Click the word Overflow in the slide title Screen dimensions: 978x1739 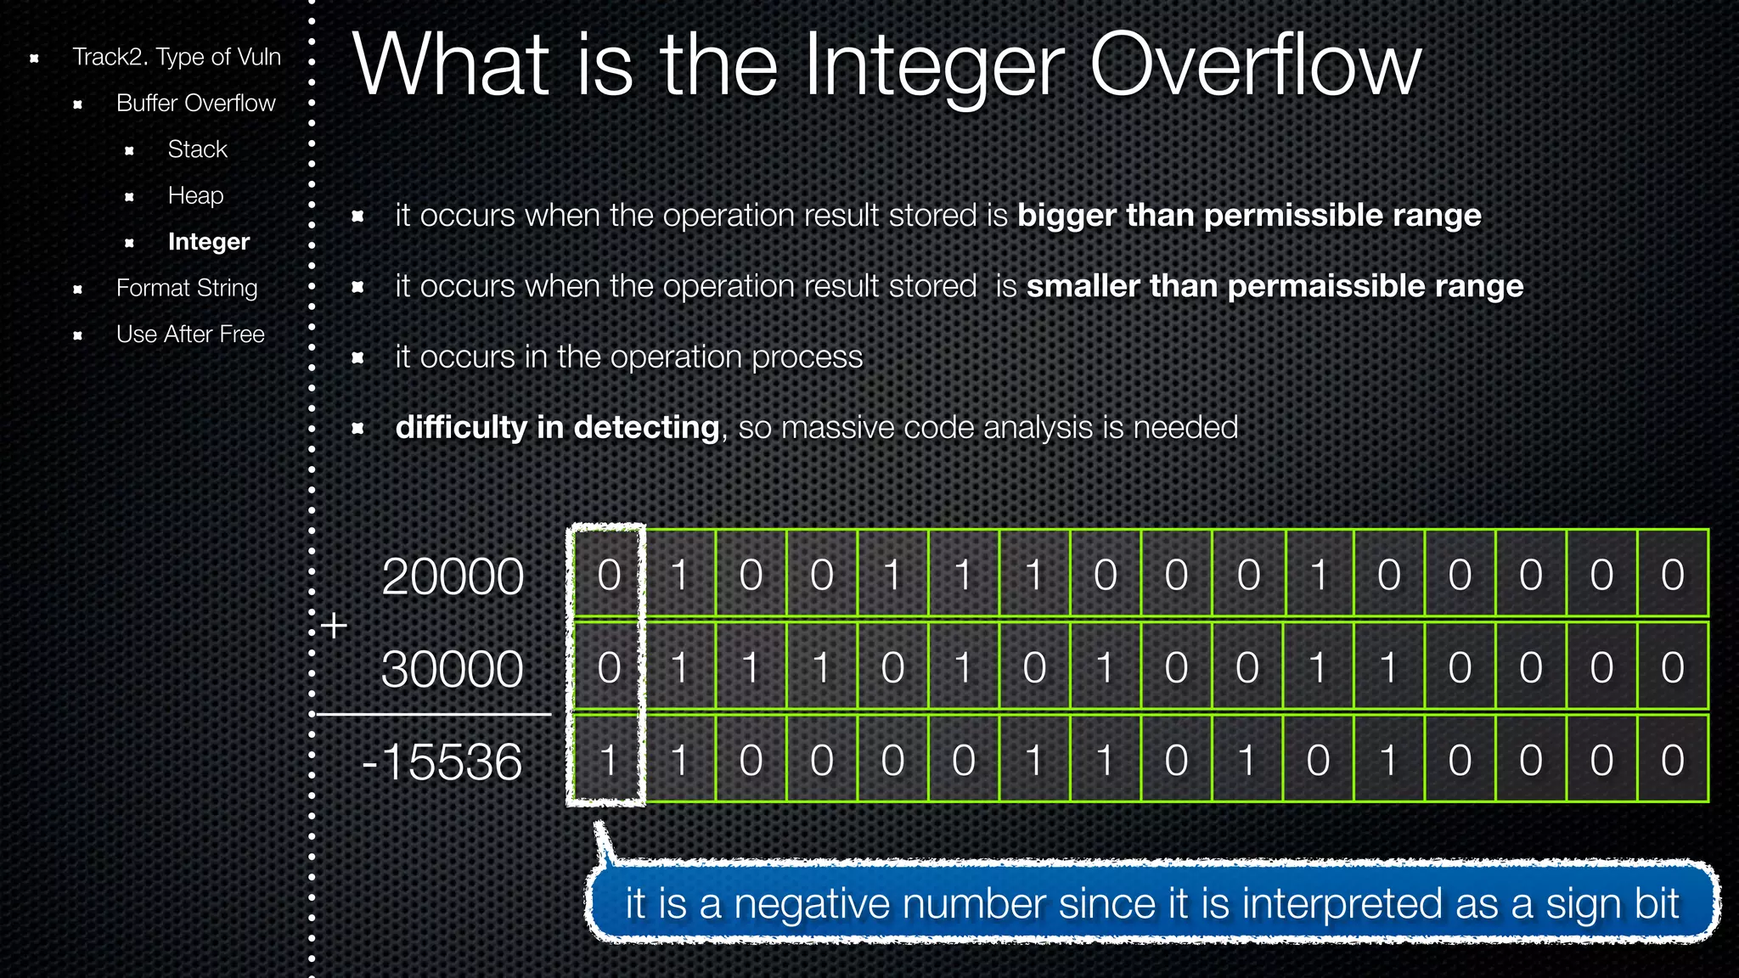[x=1254, y=66]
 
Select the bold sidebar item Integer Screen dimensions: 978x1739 [x=208, y=242]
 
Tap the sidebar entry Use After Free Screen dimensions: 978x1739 [x=190, y=334]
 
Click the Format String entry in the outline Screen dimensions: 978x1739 [x=187, y=289]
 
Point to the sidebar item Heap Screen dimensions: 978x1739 [x=195, y=196]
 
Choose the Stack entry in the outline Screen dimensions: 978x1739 [x=197, y=149]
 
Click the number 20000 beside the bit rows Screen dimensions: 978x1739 [x=453, y=576]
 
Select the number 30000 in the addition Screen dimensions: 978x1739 [x=452, y=669]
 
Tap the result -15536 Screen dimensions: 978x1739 [x=442, y=762]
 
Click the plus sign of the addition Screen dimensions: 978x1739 [x=335, y=626]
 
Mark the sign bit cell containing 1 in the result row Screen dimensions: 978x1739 [x=608, y=760]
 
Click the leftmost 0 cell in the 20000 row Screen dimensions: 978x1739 [x=608, y=575]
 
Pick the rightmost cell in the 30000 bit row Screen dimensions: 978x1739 [x=1672, y=667]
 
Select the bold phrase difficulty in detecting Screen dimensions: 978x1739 [x=558, y=427]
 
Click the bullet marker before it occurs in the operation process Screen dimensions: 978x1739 [x=358, y=358]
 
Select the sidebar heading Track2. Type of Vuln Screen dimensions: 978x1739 [x=176, y=57]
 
